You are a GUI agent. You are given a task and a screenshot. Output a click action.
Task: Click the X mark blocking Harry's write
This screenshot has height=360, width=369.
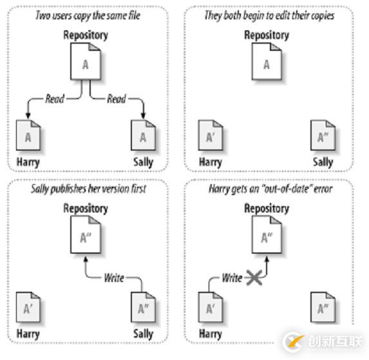click(x=254, y=278)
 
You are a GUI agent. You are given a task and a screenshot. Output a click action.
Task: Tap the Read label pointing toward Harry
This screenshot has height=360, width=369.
click(x=55, y=99)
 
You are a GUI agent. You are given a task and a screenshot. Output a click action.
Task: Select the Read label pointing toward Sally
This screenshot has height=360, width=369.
click(x=117, y=99)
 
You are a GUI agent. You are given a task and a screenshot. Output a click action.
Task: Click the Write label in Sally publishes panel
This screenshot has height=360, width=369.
click(x=114, y=278)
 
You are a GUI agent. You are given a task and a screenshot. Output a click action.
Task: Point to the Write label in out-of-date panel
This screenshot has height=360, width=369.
click(x=232, y=278)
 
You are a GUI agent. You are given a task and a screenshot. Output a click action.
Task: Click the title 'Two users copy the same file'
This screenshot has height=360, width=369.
click(x=88, y=15)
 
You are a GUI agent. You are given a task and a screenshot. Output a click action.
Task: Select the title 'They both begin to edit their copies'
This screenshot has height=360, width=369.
click(x=269, y=15)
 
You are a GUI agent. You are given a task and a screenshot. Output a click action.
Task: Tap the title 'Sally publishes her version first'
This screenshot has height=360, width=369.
click(x=88, y=189)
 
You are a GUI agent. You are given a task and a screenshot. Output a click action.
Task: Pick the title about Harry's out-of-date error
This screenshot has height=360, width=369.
click(x=270, y=189)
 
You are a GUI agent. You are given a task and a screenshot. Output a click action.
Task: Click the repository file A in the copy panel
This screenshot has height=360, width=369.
click(x=86, y=61)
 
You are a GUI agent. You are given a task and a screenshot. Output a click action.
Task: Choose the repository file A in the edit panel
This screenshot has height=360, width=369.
click(x=267, y=61)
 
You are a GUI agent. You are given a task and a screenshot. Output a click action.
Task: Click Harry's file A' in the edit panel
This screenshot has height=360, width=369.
click(x=211, y=135)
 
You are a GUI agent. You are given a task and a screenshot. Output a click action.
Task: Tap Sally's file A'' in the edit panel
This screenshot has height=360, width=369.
click(x=323, y=135)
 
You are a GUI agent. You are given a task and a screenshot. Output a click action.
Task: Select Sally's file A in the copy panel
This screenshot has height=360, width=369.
click(x=144, y=135)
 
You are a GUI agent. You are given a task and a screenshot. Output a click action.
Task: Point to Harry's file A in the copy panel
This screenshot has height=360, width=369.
click(x=28, y=135)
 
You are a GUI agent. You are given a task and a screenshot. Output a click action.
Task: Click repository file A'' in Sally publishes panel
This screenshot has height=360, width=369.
click(x=86, y=234)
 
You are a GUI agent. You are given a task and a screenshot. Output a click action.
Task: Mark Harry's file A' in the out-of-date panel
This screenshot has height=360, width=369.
click(x=211, y=307)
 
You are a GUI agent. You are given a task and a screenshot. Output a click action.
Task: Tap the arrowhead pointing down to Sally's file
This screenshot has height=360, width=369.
click(x=143, y=115)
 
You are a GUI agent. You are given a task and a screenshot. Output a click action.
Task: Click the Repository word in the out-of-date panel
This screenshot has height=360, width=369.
click(x=267, y=209)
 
